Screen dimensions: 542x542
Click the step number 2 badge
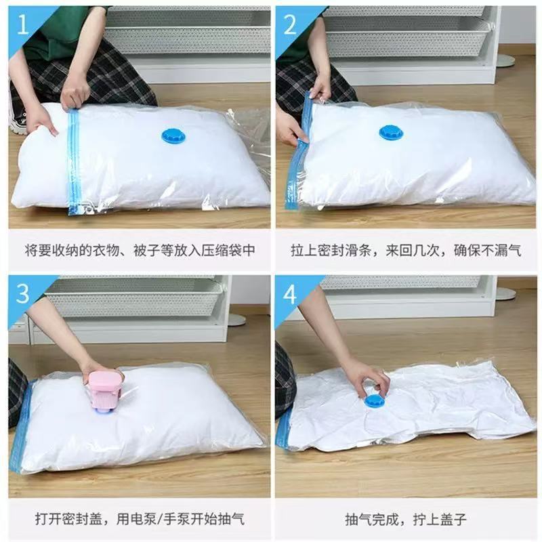(x=290, y=26)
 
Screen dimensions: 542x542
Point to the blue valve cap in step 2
(x=391, y=132)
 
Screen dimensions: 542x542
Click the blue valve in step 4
(x=374, y=401)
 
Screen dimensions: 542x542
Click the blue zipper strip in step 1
(x=74, y=163)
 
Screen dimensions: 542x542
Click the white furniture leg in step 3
(x=235, y=318)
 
